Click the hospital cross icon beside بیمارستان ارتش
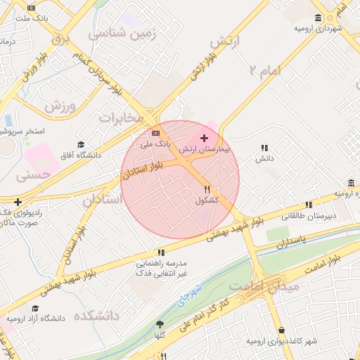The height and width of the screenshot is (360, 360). pyautogui.click(x=205, y=138)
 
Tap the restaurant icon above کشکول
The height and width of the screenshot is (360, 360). pyautogui.click(x=207, y=188)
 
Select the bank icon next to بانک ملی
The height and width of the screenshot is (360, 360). pyautogui.click(x=155, y=133)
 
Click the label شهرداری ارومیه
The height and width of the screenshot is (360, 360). pyautogui.click(x=318, y=29)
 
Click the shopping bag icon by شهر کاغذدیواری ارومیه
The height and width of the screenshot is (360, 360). pyautogui.click(x=281, y=330)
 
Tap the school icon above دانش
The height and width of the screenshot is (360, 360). pyautogui.click(x=264, y=148)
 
